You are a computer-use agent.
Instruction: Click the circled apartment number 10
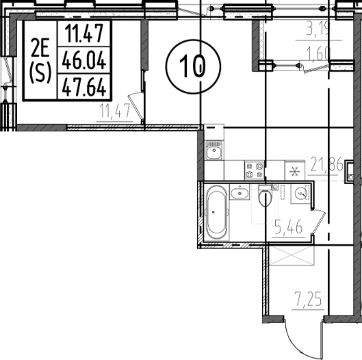point(194,67)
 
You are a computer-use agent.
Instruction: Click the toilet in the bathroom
point(266,197)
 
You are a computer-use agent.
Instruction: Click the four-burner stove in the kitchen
point(255,166)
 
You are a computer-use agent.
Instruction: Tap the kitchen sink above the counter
point(213,148)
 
